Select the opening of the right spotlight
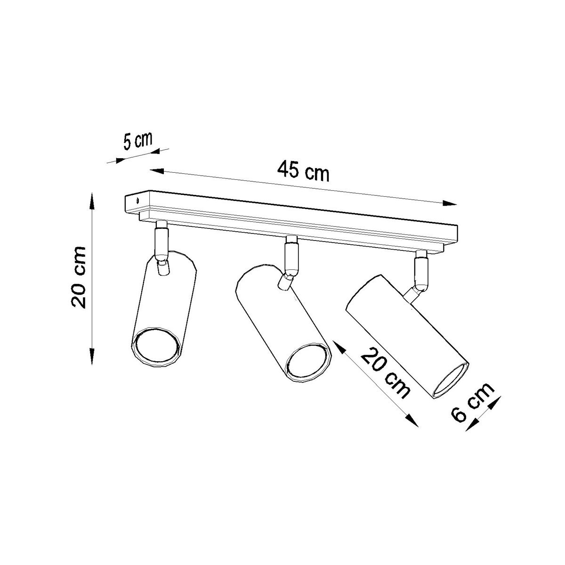452,380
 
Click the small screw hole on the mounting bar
137,201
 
